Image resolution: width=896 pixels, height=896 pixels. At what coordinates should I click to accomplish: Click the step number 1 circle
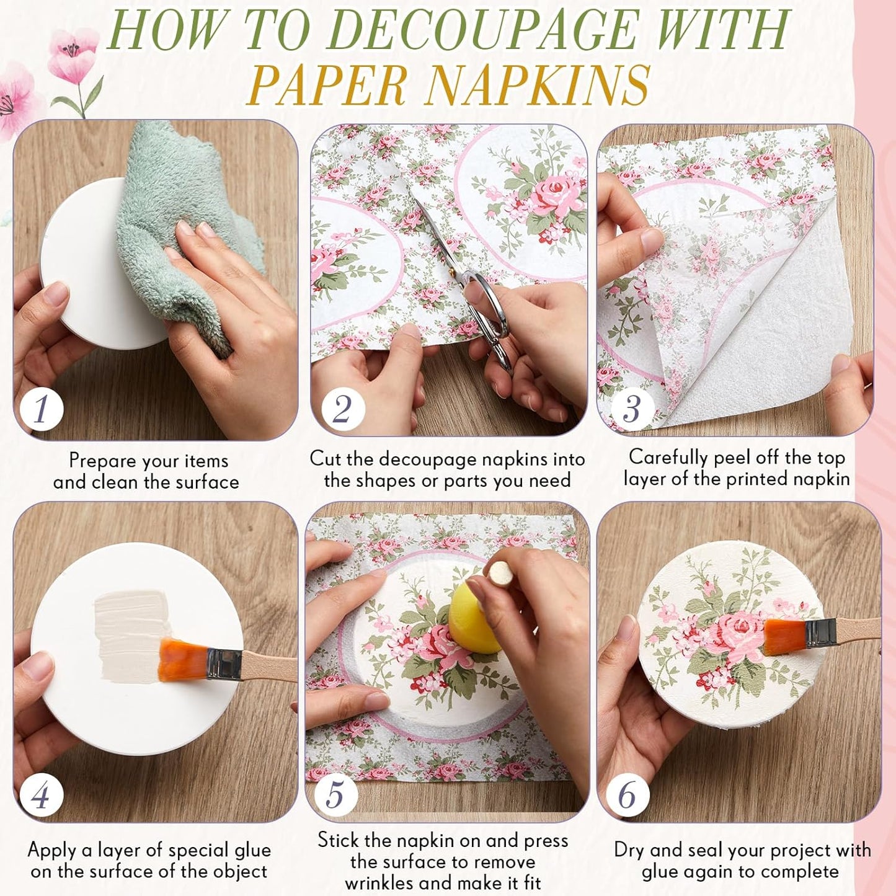(x=41, y=408)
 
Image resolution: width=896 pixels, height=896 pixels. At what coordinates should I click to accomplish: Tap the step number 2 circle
(x=343, y=408)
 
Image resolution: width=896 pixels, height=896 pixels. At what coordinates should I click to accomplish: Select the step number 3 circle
(x=632, y=408)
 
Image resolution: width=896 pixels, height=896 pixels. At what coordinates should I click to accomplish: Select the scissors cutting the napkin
(x=469, y=279)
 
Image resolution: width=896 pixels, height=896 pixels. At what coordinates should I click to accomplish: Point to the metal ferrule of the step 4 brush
(x=224, y=665)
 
